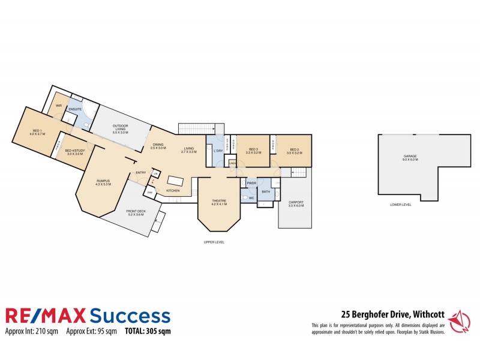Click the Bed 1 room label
point(37,133)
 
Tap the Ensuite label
point(75,109)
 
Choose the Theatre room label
point(218,202)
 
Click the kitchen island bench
point(175,181)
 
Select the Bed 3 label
point(253,151)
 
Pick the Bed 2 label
point(294,151)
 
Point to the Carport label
point(296,203)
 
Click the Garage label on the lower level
point(410,158)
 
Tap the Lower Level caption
point(401,205)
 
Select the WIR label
point(59,105)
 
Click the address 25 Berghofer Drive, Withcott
point(392,313)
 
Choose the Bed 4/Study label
point(75,152)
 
